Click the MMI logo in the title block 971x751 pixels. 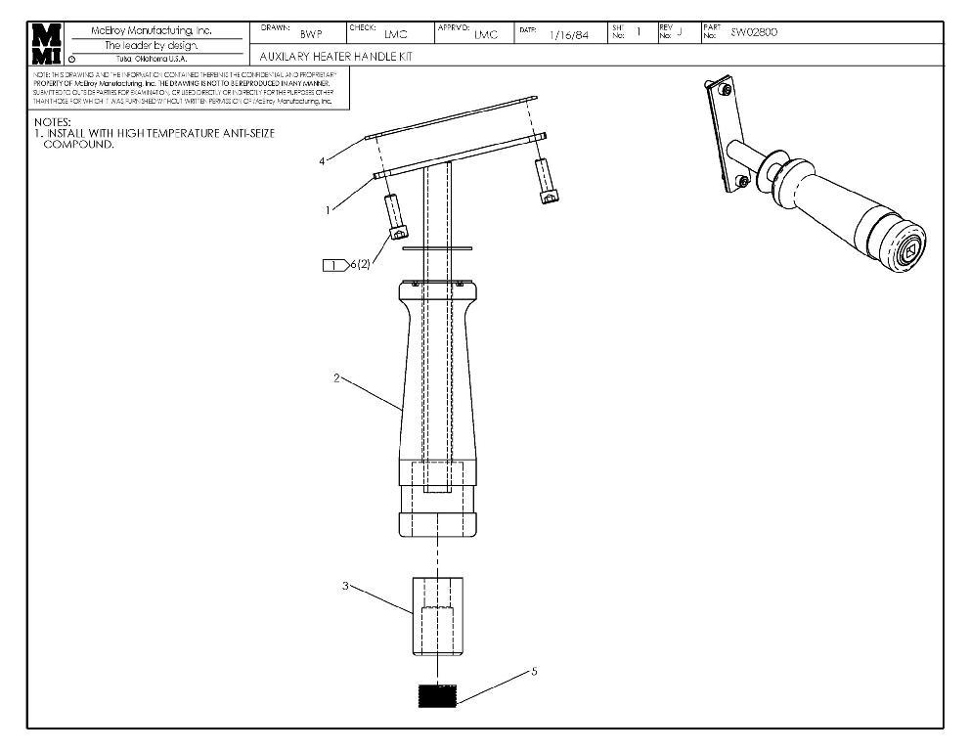click(x=46, y=43)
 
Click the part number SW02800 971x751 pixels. click(x=754, y=32)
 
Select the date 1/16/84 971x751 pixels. click(x=569, y=35)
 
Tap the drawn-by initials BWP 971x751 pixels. click(x=311, y=35)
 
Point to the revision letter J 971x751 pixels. click(x=679, y=32)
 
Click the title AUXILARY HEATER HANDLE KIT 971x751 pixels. click(x=335, y=57)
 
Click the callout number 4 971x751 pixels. click(x=322, y=161)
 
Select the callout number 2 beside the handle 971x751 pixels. click(x=337, y=378)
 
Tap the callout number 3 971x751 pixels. click(x=345, y=586)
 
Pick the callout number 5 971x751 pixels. click(x=534, y=672)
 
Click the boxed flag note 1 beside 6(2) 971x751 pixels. click(x=335, y=265)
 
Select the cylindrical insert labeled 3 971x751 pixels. click(x=436, y=616)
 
